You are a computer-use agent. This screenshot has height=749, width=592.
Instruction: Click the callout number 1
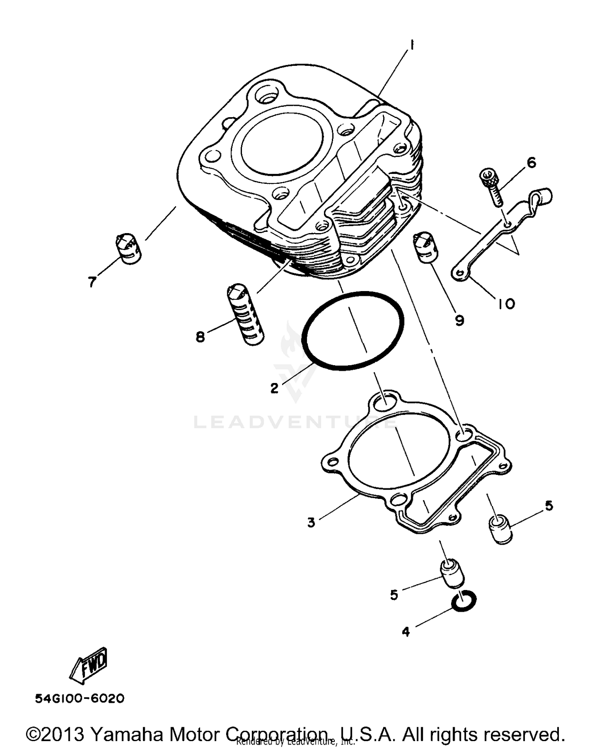(x=411, y=46)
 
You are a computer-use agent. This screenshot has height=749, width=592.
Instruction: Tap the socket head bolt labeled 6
(x=492, y=186)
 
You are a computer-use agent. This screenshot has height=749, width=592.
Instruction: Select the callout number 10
(x=506, y=304)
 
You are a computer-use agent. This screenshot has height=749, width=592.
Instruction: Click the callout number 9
(x=459, y=321)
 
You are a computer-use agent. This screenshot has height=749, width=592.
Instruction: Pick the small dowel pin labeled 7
(x=129, y=248)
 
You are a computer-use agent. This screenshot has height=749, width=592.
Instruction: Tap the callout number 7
(x=92, y=282)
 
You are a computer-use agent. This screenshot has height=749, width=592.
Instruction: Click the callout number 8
(x=200, y=337)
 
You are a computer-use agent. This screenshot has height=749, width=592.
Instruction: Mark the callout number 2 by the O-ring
(x=274, y=388)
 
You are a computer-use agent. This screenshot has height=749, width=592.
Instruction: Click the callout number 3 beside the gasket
(x=311, y=523)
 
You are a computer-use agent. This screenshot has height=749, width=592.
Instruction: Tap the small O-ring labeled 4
(x=464, y=601)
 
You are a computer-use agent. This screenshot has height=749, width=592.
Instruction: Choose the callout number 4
(x=406, y=632)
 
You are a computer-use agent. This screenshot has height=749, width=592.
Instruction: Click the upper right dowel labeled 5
(x=500, y=529)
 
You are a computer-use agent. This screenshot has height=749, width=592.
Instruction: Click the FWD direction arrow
(x=89, y=667)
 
